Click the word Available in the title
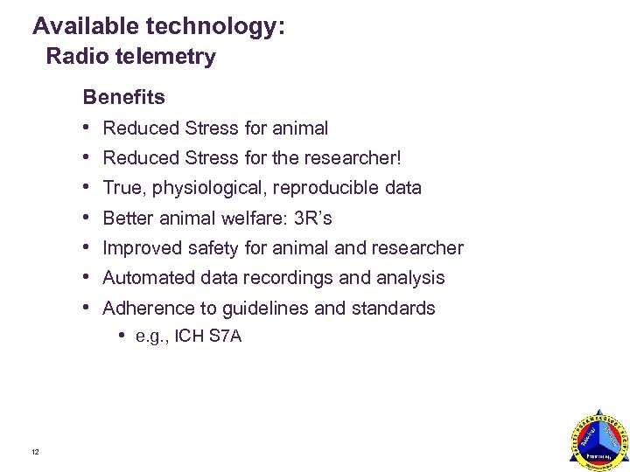81,26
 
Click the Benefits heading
123,96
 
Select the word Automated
143,278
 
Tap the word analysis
409,278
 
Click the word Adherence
143,309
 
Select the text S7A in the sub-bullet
226,337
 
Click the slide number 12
34,452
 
